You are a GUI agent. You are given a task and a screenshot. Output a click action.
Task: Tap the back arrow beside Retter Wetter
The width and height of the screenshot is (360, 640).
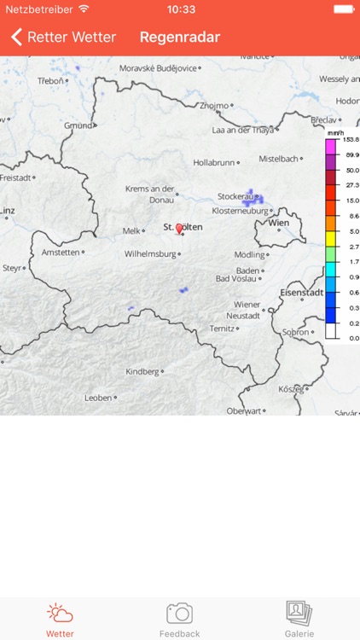click(16, 38)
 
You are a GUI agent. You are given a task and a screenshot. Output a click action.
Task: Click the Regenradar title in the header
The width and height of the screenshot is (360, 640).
click(180, 38)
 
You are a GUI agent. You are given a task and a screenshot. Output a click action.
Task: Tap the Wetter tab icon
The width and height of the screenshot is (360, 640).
click(60, 614)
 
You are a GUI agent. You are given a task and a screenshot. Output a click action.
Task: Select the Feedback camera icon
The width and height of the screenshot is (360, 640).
click(179, 613)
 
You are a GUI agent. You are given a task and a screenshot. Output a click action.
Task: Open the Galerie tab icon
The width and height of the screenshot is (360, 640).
click(299, 613)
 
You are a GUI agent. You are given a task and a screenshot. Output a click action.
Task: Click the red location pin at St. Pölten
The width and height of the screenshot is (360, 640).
click(179, 228)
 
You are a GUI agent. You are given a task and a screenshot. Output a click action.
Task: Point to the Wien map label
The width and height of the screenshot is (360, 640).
click(279, 223)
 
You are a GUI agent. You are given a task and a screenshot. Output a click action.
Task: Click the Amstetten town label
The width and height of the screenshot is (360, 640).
click(61, 253)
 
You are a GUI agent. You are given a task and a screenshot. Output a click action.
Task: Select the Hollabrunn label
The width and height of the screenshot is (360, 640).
click(213, 161)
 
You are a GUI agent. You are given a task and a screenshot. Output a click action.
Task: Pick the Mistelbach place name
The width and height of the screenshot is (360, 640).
click(279, 159)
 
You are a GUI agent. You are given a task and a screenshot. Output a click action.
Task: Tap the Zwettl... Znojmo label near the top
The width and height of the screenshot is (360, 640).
click(214, 106)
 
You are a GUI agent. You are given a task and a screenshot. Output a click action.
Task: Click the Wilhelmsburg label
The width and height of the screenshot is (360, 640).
click(149, 253)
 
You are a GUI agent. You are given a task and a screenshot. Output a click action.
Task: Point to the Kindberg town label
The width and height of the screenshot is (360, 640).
click(142, 372)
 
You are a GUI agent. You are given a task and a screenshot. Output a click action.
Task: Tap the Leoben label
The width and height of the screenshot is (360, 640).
click(98, 398)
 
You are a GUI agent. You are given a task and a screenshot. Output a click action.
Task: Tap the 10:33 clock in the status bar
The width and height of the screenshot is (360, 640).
click(180, 9)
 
